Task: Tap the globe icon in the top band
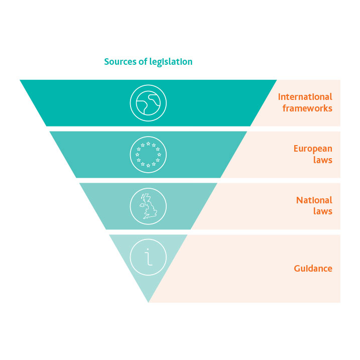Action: point(148,103)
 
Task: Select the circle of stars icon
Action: point(148,154)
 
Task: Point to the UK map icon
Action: point(148,206)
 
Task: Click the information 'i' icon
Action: point(148,257)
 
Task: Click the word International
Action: point(305,97)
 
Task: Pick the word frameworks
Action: point(307,108)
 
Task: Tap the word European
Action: point(313,149)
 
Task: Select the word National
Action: point(314,200)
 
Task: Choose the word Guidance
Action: point(313,269)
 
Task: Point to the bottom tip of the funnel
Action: point(149,302)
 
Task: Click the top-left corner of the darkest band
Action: point(21,80)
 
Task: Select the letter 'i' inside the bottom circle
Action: point(148,257)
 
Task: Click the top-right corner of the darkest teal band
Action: point(276,80)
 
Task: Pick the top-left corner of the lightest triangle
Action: point(110,235)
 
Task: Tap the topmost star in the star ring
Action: point(148,143)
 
